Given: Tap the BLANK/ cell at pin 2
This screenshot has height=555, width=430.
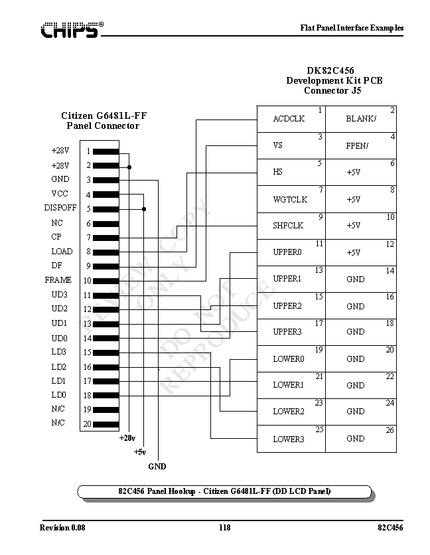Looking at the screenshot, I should (362, 119).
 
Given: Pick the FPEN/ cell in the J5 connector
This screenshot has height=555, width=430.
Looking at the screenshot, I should (362, 146).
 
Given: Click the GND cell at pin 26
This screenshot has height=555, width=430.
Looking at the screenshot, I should (362, 439).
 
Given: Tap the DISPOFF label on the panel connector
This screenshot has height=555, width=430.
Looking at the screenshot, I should (60, 208).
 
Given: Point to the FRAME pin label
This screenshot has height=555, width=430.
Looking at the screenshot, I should (58, 280).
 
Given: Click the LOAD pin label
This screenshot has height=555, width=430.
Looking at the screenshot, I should (62, 252).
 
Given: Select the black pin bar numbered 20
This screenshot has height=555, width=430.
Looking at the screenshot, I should (106, 424).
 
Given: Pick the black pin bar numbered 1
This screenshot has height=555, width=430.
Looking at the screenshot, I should (106, 151).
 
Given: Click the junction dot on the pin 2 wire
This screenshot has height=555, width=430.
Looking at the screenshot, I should (129, 167).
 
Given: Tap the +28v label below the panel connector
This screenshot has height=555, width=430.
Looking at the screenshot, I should (127, 438).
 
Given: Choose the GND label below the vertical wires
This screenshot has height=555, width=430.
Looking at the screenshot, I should (157, 467).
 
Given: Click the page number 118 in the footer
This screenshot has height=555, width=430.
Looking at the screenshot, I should (224, 528).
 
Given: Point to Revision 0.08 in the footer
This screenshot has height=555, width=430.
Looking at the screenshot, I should (62, 528).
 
